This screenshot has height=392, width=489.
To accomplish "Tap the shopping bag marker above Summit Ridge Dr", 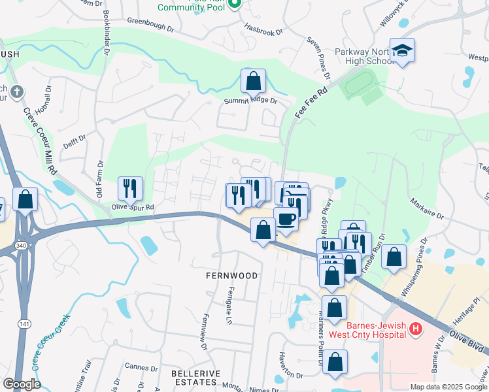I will coord(253,82).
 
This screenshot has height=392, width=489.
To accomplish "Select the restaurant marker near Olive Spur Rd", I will coord(129,189).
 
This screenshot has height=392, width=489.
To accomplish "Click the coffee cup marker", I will coord(286,219).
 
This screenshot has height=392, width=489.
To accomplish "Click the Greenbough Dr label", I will coord(153,21).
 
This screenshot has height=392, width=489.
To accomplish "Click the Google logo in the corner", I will coord(22,384).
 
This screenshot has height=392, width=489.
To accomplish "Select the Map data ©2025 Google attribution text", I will coord(448,387).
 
